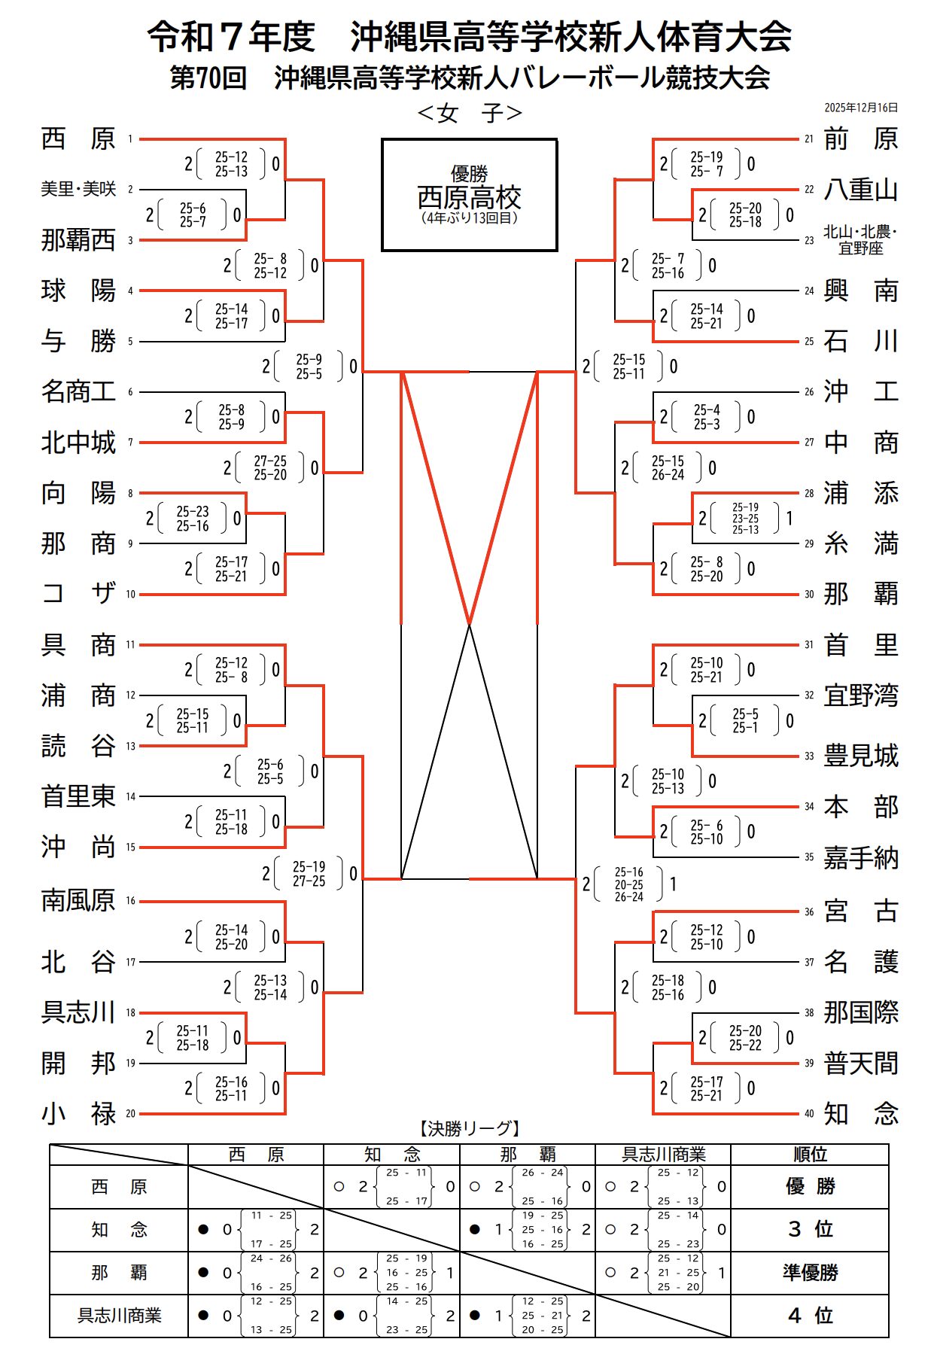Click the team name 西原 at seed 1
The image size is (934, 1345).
point(78,139)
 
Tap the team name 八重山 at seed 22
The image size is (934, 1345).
point(860,190)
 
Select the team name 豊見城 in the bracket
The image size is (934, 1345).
point(860,756)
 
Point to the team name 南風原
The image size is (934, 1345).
point(78,900)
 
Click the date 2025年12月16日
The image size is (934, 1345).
point(860,108)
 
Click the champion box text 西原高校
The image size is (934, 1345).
point(469,198)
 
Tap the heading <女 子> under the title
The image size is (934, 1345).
point(469,114)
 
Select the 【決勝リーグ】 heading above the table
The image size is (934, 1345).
point(469,1128)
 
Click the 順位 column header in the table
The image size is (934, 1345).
point(810,1155)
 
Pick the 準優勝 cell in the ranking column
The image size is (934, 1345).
point(810,1273)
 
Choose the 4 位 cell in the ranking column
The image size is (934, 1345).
point(810,1316)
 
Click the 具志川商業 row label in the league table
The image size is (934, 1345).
point(119,1316)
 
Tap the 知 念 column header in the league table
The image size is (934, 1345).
point(391,1155)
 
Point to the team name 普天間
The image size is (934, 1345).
point(860,1064)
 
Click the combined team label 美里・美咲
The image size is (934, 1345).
point(78,190)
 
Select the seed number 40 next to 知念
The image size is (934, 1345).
point(809,1114)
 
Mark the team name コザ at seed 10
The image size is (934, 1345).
point(78,594)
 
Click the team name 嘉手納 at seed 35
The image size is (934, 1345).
point(860,857)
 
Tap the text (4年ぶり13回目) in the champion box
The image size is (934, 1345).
point(469,218)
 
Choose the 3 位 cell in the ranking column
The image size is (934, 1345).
point(810,1229)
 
